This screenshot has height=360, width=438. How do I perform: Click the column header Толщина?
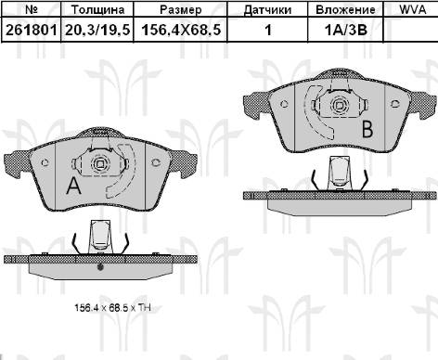[97, 9]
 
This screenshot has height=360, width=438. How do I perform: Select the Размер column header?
[181, 9]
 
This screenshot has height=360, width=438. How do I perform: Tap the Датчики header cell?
[267, 10]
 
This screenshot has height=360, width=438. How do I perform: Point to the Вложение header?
[345, 9]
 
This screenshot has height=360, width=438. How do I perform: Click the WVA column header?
[412, 9]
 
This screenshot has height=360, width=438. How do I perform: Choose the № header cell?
[31, 9]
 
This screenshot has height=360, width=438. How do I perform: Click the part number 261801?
[32, 30]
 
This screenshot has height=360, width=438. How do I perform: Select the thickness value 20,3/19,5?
[97, 30]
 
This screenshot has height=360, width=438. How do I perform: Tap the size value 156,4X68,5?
[181, 30]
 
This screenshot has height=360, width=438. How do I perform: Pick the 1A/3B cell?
[345, 30]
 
